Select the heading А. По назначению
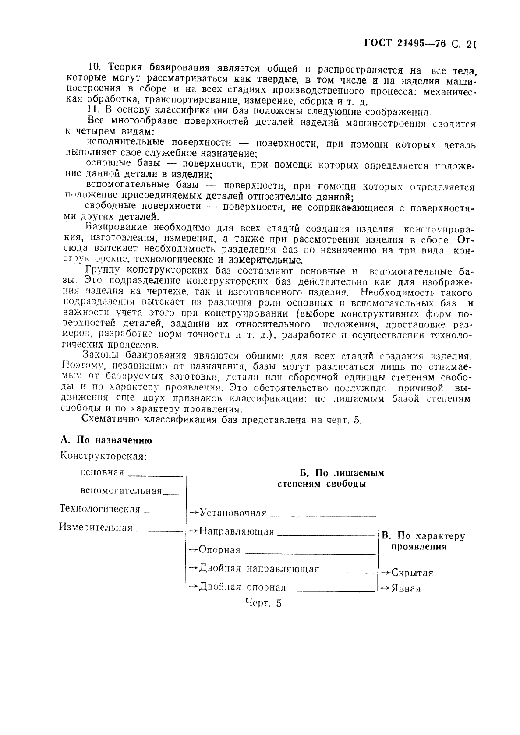106,440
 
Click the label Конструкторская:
103,456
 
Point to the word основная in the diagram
102,472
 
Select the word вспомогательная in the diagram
121,491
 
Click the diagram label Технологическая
100,509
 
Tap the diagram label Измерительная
96,528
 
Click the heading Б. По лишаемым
342,473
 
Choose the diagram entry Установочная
233,513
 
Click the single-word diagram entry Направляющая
236,531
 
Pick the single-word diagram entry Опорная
219,550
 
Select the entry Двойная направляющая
258,569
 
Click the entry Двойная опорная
242,587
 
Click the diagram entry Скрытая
412,573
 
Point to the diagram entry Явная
406,589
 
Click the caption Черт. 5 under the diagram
263,603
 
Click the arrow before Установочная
193,512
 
